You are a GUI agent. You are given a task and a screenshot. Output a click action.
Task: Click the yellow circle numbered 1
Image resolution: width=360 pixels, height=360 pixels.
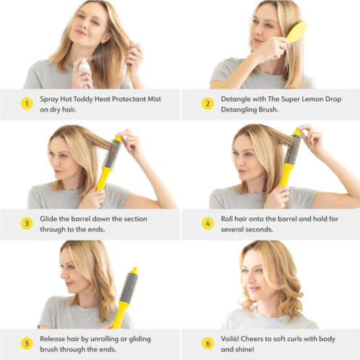coord(27,103)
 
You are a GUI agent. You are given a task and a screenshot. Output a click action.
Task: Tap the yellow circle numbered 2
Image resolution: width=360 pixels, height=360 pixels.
coord(207,103)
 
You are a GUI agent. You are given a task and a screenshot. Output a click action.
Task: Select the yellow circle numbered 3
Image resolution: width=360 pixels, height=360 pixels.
coord(27,223)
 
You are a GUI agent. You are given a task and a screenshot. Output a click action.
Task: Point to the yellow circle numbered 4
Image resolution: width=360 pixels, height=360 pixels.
coord(207,223)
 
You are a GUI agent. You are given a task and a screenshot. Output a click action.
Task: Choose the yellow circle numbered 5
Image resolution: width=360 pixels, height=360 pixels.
coord(27,343)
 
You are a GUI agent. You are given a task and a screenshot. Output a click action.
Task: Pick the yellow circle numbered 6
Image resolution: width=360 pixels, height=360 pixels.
coord(207,343)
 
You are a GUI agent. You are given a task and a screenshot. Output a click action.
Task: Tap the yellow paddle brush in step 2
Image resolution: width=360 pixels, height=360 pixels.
coord(296,32)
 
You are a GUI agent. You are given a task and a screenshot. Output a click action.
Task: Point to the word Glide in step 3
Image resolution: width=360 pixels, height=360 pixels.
coord(48,219)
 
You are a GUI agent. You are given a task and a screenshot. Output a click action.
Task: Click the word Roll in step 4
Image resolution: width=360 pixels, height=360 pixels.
coord(227,219)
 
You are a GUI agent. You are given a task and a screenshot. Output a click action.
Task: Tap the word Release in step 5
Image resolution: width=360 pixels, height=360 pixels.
coord(52,339)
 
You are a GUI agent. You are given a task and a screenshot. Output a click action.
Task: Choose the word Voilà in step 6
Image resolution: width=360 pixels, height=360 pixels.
coord(230,339)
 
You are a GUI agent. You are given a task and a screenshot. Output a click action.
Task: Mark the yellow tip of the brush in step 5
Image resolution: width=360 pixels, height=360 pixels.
coord(134,270)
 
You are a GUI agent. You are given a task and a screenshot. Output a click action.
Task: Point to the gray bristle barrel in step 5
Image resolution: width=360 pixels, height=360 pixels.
coord(129,288)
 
